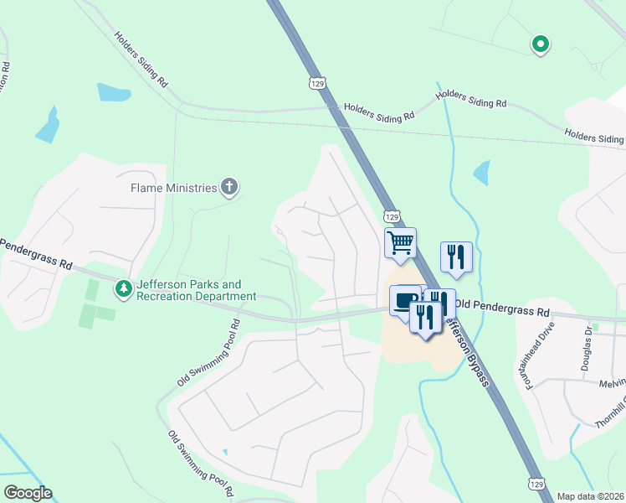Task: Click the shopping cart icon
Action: [400, 243]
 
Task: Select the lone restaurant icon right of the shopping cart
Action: [456, 257]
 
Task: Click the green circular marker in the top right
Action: [541, 44]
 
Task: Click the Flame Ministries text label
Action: [173, 188]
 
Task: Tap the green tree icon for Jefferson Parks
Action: [124, 289]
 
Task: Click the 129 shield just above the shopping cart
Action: [390, 216]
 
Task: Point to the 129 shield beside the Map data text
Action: [536, 483]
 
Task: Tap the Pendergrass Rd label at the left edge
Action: [35, 252]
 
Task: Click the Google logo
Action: [28, 493]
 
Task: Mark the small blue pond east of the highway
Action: [480, 173]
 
